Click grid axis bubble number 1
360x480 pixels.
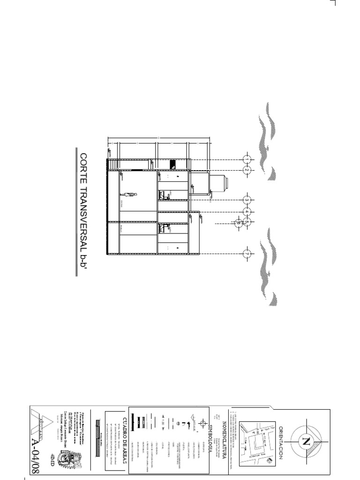click(x=247, y=159)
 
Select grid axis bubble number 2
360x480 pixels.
click(x=247, y=170)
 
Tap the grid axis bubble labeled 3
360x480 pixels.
click(x=247, y=201)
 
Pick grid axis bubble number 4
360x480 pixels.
click(x=247, y=212)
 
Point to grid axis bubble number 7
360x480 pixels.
click(x=247, y=254)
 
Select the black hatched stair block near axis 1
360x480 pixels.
click(x=172, y=164)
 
